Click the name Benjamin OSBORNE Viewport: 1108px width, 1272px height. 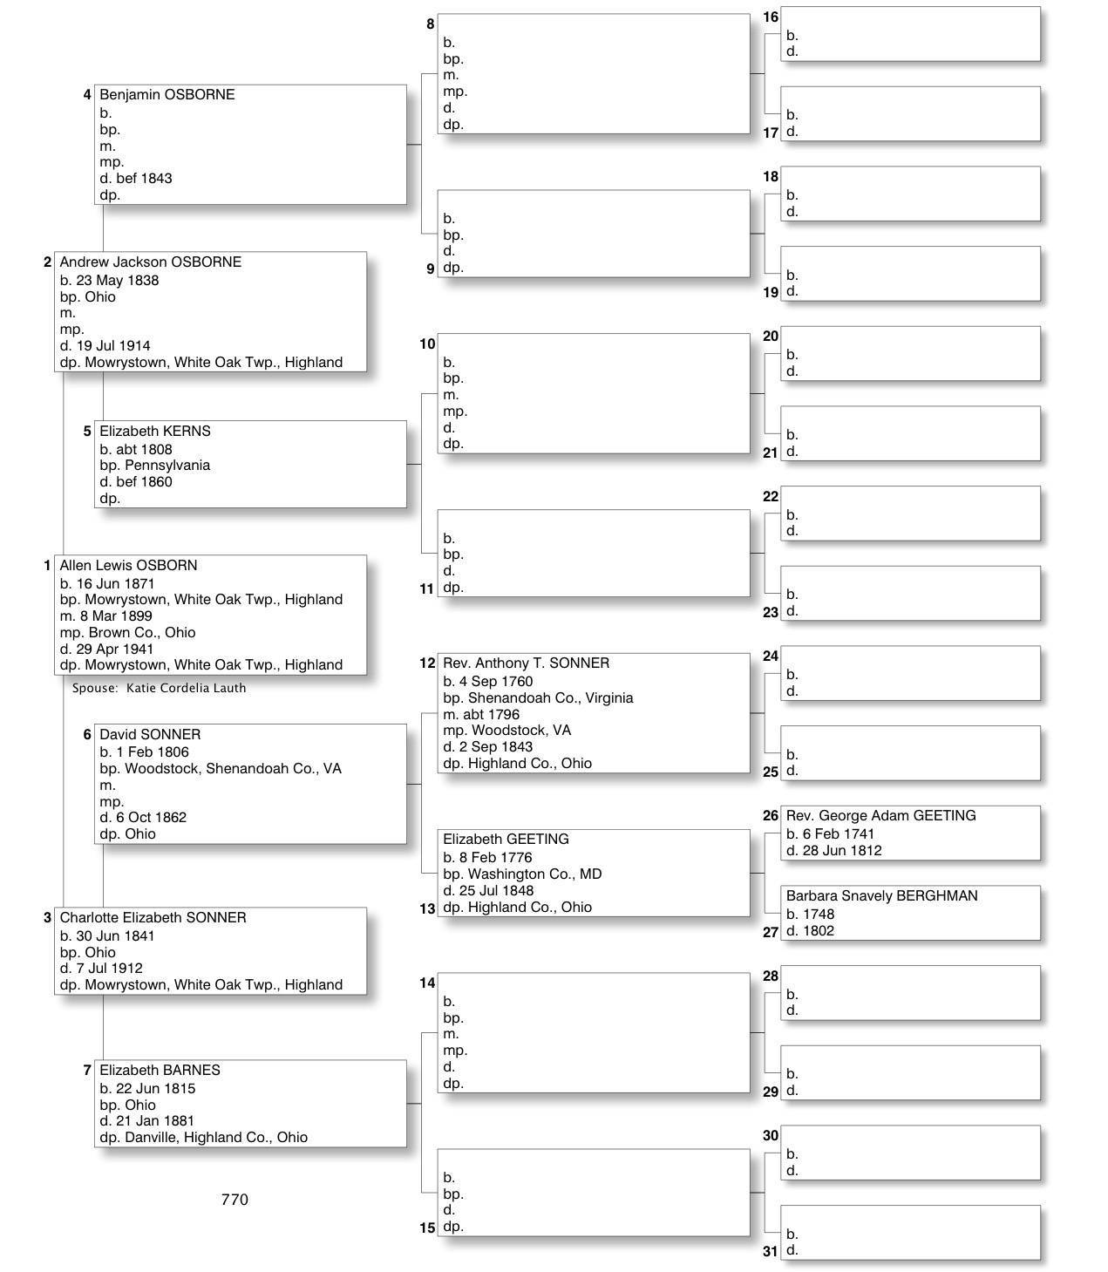167,95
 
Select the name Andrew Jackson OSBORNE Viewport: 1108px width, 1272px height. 150,262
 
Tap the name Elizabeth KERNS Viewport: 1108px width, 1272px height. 154,432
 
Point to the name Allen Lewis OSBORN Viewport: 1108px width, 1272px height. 128,566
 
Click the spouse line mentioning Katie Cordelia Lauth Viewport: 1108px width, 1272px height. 159,688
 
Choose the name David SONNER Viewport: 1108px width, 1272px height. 150,735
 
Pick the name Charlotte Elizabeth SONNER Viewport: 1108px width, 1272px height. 153,918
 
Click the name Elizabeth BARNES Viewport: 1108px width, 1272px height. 160,1071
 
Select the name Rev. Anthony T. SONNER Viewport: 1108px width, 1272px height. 526,663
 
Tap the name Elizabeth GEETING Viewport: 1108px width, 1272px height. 506,840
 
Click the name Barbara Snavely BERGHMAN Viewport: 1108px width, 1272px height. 881,896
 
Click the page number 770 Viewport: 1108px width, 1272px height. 235,1200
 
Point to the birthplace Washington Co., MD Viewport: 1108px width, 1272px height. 534,874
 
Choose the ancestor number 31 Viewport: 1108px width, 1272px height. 770,1251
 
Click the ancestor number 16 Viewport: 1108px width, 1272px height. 771,17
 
